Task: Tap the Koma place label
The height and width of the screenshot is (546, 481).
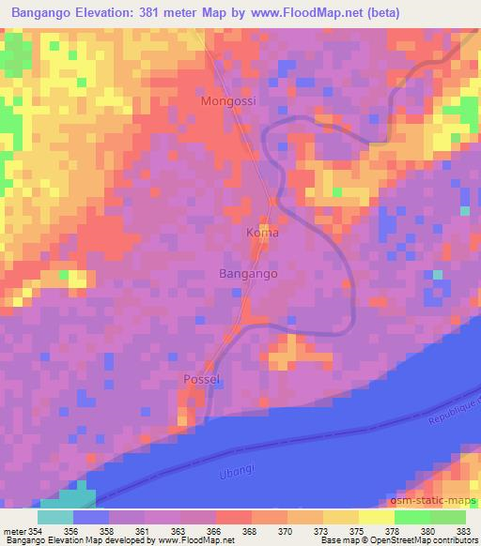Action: coord(262,232)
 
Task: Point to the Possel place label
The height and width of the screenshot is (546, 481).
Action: coord(201,379)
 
